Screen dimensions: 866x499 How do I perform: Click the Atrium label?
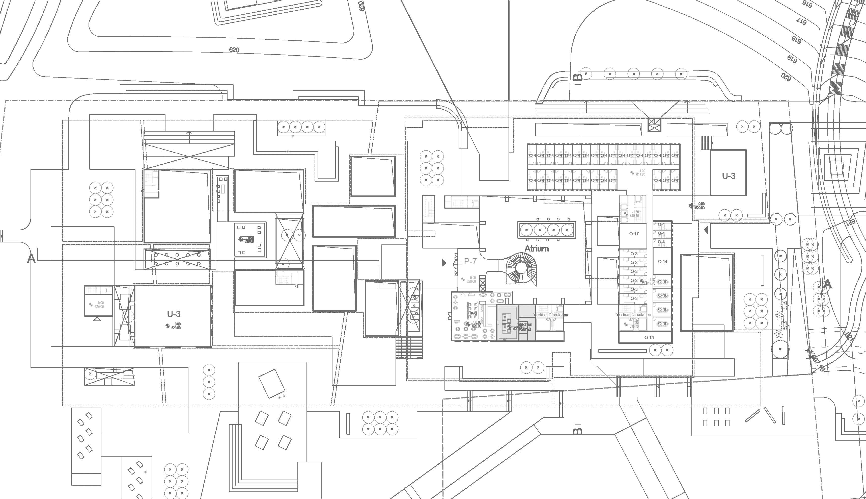click(x=536, y=248)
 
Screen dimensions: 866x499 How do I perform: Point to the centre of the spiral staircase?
click(x=521, y=268)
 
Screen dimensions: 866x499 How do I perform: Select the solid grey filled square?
click(x=516, y=322)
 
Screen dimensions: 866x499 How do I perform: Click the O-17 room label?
click(x=634, y=234)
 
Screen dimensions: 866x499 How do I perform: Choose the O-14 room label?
click(x=662, y=262)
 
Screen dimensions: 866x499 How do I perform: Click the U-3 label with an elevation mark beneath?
click(x=174, y=314)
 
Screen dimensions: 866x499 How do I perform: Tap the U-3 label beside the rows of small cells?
click(x=729, y=176)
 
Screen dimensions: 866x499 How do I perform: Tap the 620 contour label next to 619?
click(x=786, y=77)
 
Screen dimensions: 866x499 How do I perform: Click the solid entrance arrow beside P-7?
click(x=444, y=263)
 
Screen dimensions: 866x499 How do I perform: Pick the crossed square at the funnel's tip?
click(x=653, y=125)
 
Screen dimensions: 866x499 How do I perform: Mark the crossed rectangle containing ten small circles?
click(x=177, y=259)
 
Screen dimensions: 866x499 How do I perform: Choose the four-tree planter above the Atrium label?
click(x=547, y=230)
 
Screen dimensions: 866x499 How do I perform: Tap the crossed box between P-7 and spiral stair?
click(x=482, y=283)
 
